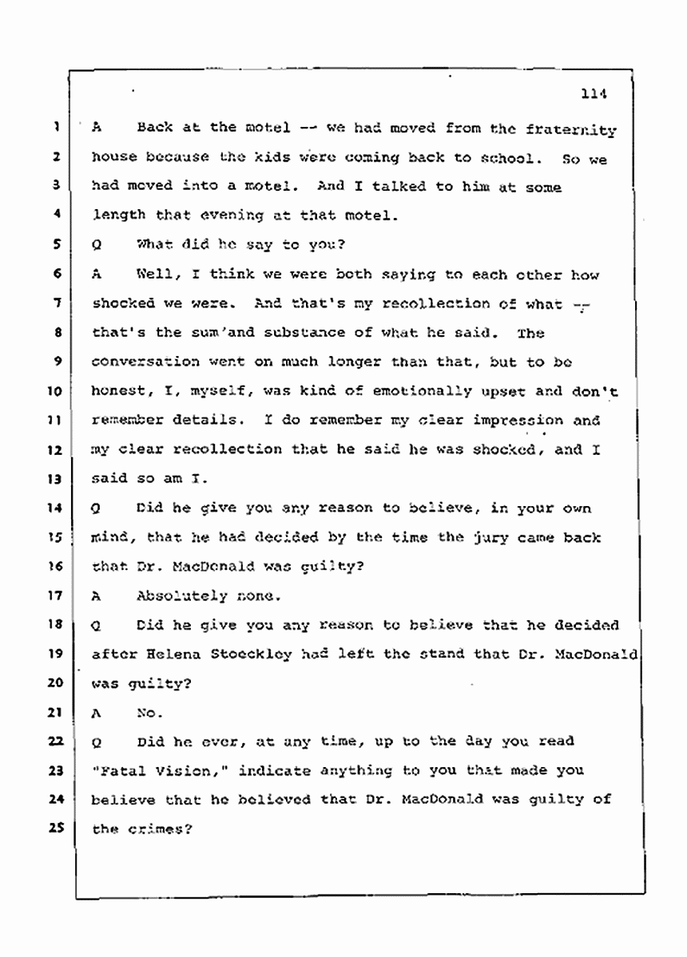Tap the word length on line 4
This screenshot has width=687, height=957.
point(117,215)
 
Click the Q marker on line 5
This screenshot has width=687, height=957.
point(97,245)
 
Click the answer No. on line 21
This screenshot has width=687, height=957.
point(150,712)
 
